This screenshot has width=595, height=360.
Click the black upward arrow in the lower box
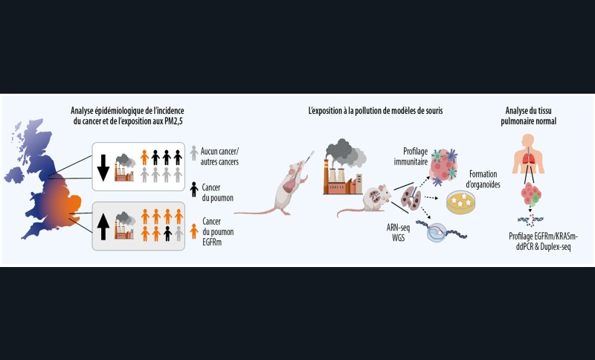103,227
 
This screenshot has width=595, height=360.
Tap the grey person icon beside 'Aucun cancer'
194,152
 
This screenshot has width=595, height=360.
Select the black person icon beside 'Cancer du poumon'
194,189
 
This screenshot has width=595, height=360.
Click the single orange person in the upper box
145,158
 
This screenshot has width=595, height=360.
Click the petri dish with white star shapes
462,201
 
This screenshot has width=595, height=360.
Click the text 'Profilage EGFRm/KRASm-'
538,236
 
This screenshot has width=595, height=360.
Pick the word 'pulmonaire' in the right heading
528,120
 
